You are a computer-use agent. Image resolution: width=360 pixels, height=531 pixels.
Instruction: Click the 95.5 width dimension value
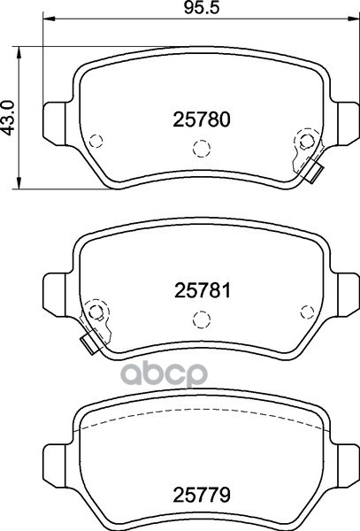click(x=202, y=8)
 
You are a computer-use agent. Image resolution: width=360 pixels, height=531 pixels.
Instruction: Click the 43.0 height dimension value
click(x=8, y=118)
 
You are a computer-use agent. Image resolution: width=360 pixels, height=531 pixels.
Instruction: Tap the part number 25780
click(x=202, y=119)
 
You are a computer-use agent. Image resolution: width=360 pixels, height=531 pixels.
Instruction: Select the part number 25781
click(x=203, y=290)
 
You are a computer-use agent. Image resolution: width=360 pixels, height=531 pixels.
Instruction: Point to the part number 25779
click(x=202, y=495)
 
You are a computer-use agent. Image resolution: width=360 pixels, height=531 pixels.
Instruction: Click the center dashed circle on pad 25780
click(x=202, y=149)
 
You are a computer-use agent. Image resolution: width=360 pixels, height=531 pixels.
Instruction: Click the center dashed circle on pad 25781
click(x=202, y=319)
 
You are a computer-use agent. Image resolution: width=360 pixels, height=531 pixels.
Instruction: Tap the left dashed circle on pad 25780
click(x=96, y=141)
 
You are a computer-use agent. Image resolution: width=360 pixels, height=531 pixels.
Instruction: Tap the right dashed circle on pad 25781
click(x=307, y=312)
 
